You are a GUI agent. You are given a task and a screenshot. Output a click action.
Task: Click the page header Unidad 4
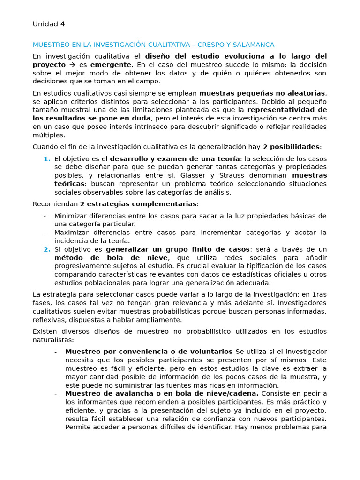pyautogui.click(x=49, y=24)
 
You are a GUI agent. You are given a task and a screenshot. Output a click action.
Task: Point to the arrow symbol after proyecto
pyautogui.click(x=72, y=65)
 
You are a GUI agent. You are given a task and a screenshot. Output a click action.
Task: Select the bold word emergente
pyautogui.click(x=111, y=65)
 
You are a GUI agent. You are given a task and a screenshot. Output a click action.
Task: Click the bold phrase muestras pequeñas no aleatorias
pyautogui.click(x=262, y=93)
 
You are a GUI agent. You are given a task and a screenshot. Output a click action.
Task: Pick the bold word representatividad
pyautogui.click(x=287, y=110)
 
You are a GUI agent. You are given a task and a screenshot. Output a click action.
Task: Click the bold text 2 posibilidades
pyautogui.click(x=292, y=147)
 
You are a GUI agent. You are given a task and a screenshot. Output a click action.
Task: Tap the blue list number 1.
pyautogui.click(x=46, y=159)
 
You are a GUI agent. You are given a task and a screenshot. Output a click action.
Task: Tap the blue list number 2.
pyautogui.click(x=46, y=249)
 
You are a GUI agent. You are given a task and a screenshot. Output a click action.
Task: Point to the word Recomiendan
pyautogui.click(x=55, y=204)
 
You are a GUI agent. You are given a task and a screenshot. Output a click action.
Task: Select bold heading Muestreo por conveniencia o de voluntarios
pyautogui.click(x=149, y=352)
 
